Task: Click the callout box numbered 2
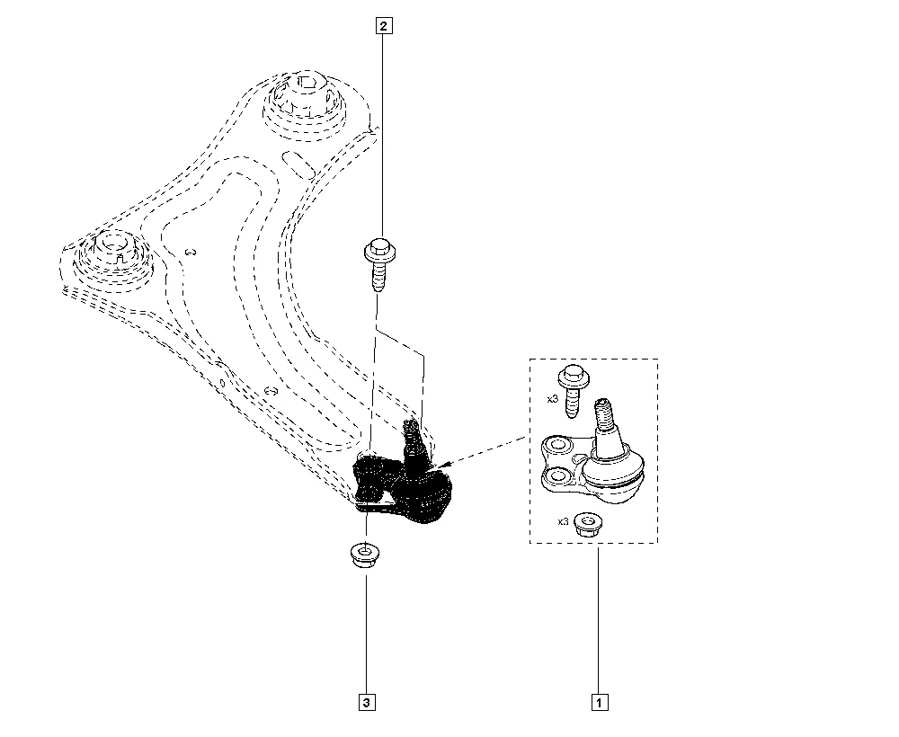[x=384, y=26]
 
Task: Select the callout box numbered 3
[x=367, y=702]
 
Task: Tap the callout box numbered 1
[x=599, y=702]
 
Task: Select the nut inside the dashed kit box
[x=588, y=524]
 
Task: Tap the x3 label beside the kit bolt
[x=552, y=399]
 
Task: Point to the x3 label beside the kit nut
[x=563, y=521]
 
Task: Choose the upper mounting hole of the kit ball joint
[x=556, y=445]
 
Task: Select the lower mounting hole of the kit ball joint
[x=556, y=475]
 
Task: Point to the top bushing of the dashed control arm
[x=306, y=106]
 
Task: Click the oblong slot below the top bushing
[x=299, y=164]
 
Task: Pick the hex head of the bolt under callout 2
[x=379, y=251]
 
